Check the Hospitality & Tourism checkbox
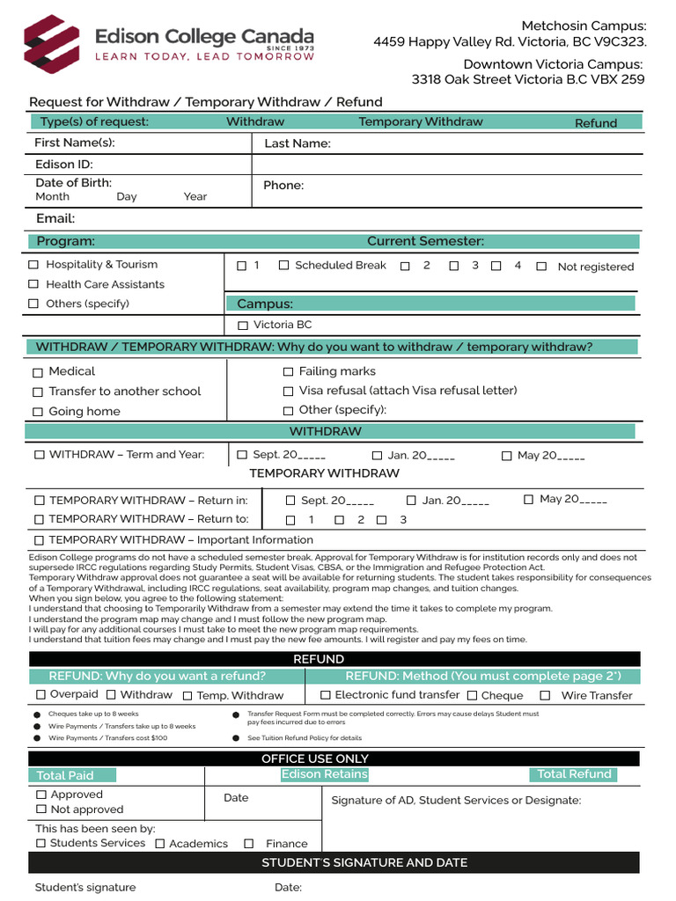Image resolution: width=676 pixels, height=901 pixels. pyautogui.click(x=33, y=265)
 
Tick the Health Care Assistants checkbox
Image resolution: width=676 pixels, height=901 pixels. pyautogui.click(x=33, y=284)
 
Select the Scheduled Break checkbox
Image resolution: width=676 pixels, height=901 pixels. pyautogui.click(x=283, y=265)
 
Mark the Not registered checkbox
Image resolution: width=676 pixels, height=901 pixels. pyautogui.click(x=541, y=267)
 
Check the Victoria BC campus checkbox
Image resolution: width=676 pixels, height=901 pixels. pyautogui.click(x=243, y=326)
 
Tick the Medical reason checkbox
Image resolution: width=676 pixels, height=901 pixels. pyautogui.click(x=38, y=372)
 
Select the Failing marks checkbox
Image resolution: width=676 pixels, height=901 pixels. pyautogui.click(x=288, y=372)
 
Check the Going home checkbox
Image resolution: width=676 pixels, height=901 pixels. pyautogui.click(x=38, y=412)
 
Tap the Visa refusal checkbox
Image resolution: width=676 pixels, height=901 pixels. pyautogui.click(x=288, y=391)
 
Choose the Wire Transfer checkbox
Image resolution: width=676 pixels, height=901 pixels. pyautogui.click(x=545, y=695)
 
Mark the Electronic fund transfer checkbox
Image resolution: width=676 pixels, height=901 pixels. pyautogui.click(x=325, y=695)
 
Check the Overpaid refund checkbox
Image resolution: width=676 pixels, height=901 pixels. pyautogui.click(x=40, y=695)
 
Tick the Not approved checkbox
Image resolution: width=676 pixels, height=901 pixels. pyautogui.click(x=40, y=809)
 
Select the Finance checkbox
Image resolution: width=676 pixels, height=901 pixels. pyautogui.click(x=249, y=844)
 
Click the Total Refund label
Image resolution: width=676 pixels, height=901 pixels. pyautogui.click(x=574, y=774)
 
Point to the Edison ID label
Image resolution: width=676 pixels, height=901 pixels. pyautogui.click(x=63, y=165)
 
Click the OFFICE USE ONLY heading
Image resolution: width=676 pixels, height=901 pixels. pyautogui.click(x=315, y=758)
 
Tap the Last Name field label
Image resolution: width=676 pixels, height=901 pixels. pyautogui.click(x=298, y=143)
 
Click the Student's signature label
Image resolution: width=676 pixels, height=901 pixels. pyautogui.click(x=85, y=887)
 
